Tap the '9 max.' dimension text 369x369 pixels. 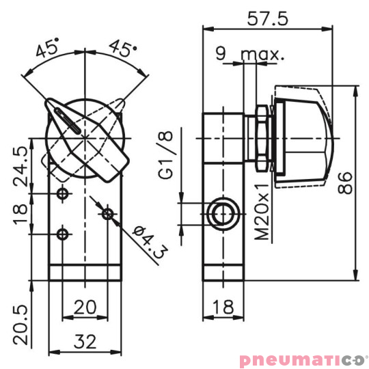click(x=250, y=54)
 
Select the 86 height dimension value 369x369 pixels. click(x=346, y=182)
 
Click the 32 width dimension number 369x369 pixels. click(x=85, y=340)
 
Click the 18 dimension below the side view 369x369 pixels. click(x=223, y=307)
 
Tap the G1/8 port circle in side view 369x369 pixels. click(x=223, y=214)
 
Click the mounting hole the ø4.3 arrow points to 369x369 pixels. click(x=107, y=214)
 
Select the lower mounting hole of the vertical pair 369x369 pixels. click(x=63, y=234)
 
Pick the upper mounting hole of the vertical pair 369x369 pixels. click(x=63, y=194)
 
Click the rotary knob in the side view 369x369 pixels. click(x=304, y=137)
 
